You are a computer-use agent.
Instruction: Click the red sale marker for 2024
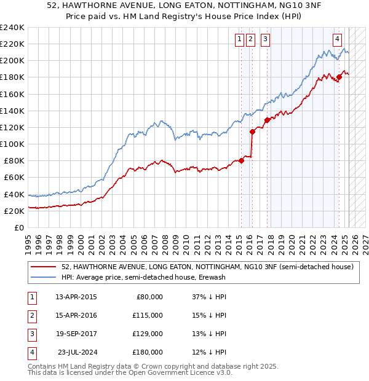click(x=339, y=77)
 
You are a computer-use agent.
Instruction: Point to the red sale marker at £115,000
click(x=252, y=132)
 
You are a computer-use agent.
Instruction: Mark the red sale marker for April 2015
click(x=241, y=160)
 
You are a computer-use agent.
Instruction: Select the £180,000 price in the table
click(x=148, y=352)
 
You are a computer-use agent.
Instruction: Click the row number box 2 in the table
click(x=31, y=316)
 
